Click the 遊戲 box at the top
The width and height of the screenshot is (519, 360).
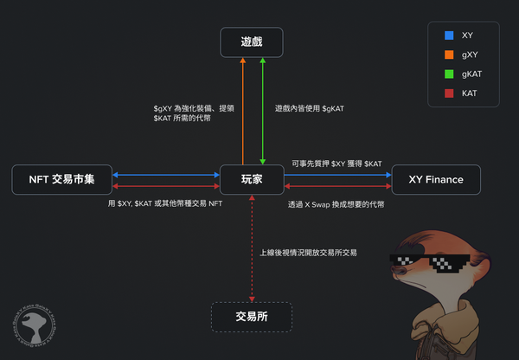252,41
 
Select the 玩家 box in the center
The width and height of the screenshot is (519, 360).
252,179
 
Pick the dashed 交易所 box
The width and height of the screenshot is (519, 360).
252,317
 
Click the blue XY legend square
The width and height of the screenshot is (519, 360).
448,35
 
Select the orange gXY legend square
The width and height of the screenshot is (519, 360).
448,55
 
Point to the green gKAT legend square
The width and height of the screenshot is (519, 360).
448,74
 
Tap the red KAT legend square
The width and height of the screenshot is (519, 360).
448,93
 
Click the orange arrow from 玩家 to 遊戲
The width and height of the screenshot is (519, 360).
243,108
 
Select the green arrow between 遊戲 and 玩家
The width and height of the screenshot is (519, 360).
262,108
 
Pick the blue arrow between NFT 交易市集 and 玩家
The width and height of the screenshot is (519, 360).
164,175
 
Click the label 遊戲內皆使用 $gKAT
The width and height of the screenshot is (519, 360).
309,108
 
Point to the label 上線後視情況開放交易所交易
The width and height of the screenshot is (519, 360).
308,253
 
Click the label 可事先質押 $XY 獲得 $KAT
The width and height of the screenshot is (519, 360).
336,163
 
